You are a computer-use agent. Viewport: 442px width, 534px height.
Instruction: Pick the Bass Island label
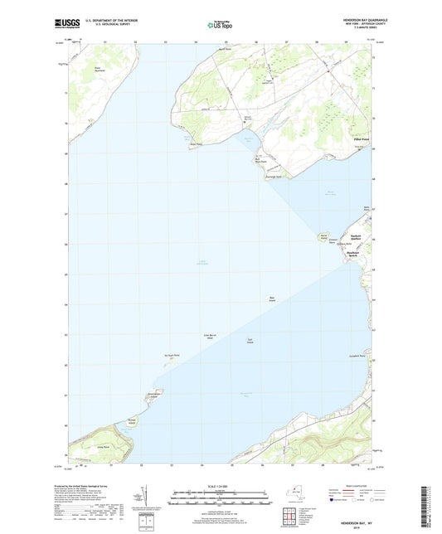tap(271, 299)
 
